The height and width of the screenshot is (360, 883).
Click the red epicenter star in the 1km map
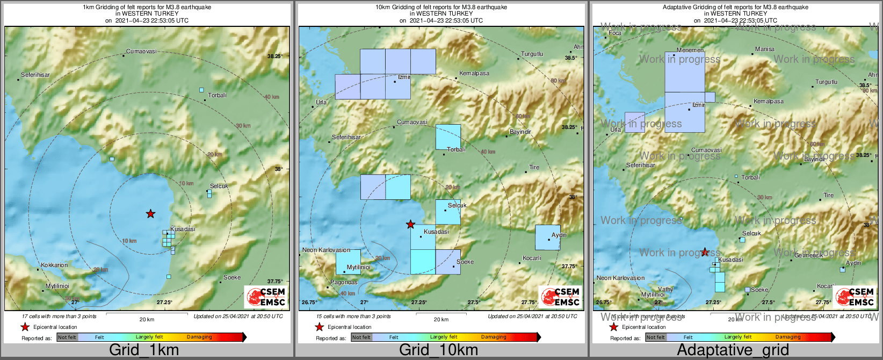click(x=151, y=214)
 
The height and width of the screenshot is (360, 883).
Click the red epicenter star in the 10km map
click(x=410, y=224)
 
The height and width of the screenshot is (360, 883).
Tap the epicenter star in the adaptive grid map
click(x=705, y=252)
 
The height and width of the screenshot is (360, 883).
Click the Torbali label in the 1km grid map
click(x=218, y=96)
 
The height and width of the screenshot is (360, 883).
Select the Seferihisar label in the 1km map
click(x=35, y=75)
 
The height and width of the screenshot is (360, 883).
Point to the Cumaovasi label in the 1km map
click(x=141, y=52)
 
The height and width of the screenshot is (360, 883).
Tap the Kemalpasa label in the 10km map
click(x=474, y=74)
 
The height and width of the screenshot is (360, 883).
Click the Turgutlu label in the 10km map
click(x=532, y=54)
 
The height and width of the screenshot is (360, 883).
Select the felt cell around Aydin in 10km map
click(x=547, y=237)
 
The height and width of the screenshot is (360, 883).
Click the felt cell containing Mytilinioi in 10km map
click(x=348, y=262)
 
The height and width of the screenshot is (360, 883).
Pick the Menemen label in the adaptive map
click(x=690, y=51)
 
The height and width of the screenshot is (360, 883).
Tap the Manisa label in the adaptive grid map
click(x=765, y=49)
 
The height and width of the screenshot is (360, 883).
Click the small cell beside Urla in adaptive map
click(x=635, y=122)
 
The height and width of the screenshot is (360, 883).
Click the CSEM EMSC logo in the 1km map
click(x=265, y=297)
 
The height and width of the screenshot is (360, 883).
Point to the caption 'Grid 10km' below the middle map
click(x=438, y=350)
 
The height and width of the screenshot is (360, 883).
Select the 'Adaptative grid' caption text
click(x=733, y=350)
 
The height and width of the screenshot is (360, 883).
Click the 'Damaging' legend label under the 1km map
click(x=199, y=337)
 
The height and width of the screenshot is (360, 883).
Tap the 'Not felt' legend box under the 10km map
click(x=361, y=337)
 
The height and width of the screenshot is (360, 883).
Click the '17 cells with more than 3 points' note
click(x=59, y=316)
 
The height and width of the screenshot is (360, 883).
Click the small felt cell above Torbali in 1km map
click(x=201, y=90)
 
